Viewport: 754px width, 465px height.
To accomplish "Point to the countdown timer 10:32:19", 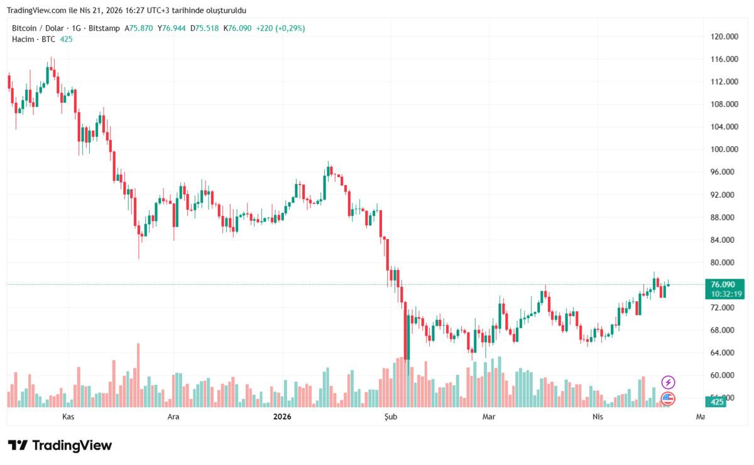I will pos(727,294).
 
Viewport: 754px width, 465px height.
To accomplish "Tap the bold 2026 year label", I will pos(282,416).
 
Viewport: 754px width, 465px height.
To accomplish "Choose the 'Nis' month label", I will pos(598,416).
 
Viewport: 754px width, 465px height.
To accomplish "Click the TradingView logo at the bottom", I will pos(60,446).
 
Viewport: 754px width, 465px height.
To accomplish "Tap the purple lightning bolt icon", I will pos(669,382).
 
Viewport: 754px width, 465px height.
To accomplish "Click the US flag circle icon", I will pos(668,398).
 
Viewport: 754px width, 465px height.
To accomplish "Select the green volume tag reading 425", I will pos(718,402).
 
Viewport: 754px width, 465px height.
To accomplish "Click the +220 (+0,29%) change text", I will pos(280,28).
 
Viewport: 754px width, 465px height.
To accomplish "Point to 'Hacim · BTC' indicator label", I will pos(33,39).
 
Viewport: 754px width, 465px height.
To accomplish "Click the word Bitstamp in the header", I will pos(104,28).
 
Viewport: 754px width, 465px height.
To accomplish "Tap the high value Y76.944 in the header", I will pos(172,28).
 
